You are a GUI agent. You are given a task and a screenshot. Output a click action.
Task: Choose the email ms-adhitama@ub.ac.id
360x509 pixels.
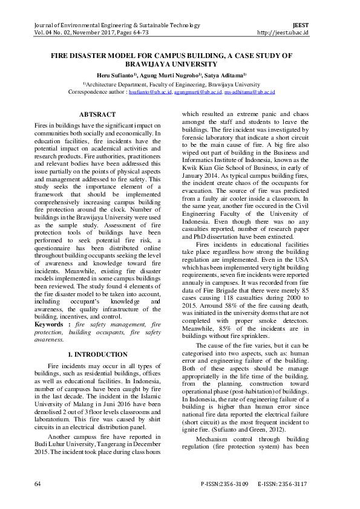(x=249, y=93)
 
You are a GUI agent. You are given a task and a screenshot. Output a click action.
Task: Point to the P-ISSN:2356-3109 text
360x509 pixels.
(x=224, y=484)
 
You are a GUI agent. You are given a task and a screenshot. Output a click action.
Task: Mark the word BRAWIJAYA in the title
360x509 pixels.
(x=154, y=63)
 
